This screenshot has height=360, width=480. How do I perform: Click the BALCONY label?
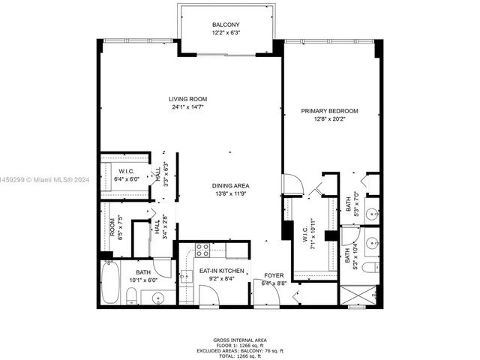coord(226,25)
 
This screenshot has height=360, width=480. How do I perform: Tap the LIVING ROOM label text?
coord(187,99)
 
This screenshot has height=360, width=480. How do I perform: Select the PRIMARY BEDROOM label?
coord(329,111)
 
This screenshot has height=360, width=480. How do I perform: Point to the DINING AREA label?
coord(230,186)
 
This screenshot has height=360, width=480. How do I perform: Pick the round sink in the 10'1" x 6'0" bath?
coord(158,298)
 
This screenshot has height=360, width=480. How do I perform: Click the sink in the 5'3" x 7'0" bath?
coord(373,213)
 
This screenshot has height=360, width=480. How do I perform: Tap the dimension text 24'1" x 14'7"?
coord(187,107)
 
